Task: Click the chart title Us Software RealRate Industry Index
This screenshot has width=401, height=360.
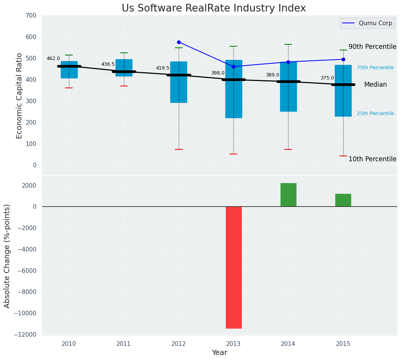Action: click(214, 8)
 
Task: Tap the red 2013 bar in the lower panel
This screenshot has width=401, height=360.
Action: click(233, 267)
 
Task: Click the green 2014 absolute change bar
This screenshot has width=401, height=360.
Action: click(288, 195)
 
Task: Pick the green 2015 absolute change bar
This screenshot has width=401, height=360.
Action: click(343, 200)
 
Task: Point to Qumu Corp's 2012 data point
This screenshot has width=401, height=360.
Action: click(179, 42)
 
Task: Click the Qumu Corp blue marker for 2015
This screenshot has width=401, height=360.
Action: click(343, 59)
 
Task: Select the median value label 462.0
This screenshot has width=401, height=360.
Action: click(53, 58)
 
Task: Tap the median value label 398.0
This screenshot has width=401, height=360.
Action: click(218, 73)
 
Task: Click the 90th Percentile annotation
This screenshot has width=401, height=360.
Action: click(372, 47)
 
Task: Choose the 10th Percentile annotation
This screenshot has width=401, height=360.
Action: click(372, 159)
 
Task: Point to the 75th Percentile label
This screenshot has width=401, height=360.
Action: click(375, 68)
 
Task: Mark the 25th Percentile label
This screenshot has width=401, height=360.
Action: click(375, 114)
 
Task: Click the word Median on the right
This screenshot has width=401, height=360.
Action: click(375, 85)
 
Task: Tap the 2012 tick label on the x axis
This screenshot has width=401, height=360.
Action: click(179, 344)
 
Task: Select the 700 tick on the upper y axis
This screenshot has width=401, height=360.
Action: click(31, 16)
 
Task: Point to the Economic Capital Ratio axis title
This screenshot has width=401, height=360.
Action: click(20, 96)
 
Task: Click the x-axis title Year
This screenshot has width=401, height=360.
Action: click(219, 353)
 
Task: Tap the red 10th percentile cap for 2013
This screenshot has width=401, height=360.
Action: click(233, 154)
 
